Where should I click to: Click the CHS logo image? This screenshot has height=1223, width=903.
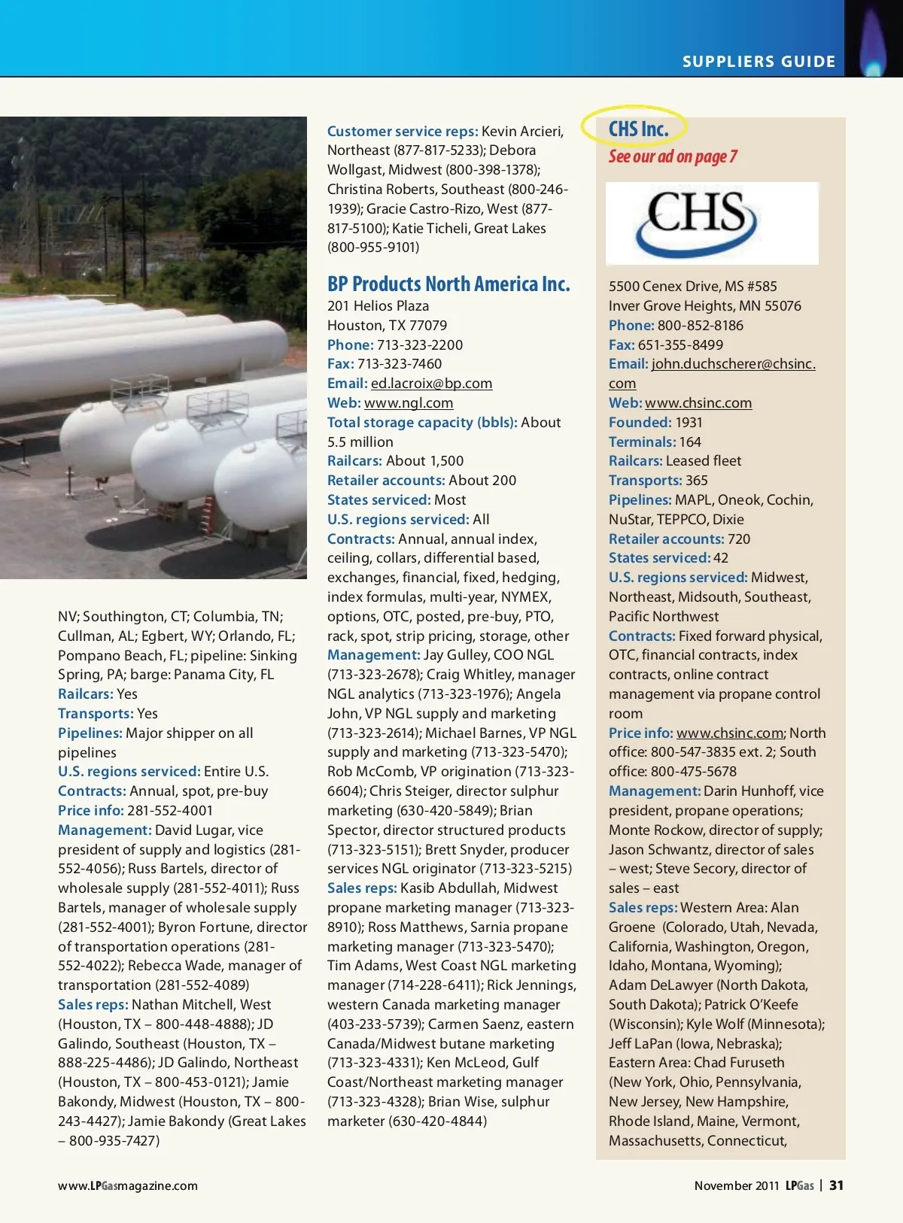712,223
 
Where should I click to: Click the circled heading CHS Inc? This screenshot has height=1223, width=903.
638,129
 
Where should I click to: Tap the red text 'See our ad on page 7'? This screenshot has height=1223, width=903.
673,156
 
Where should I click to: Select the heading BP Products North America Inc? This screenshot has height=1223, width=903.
448,284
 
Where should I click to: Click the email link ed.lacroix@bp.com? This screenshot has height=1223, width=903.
431,384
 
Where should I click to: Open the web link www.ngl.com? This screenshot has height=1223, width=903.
409,403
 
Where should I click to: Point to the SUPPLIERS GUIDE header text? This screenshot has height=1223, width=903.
759,62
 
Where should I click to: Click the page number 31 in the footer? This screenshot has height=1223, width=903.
836,1185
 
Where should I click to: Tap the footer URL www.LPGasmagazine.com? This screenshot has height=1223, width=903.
128,1186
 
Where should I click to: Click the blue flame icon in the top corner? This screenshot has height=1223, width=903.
874,45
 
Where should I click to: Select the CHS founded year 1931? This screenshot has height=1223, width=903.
689,423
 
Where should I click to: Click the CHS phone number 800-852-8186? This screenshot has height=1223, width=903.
700,326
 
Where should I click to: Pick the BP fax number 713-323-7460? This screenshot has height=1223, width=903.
400,364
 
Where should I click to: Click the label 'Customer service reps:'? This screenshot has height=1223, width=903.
403,132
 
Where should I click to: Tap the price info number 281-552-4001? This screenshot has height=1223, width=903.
170,811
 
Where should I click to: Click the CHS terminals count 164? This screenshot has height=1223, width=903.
690,442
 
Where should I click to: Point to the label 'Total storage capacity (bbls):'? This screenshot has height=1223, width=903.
422,423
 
